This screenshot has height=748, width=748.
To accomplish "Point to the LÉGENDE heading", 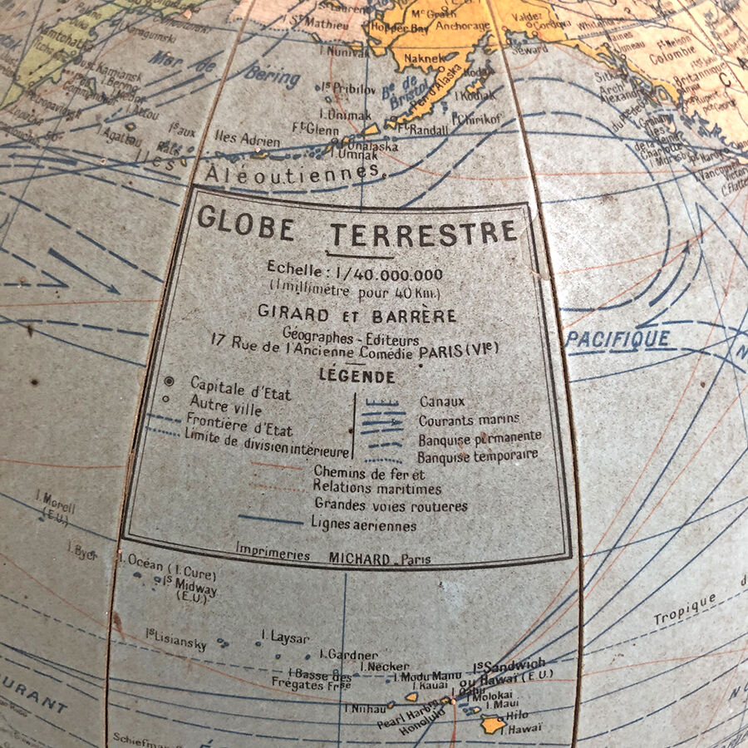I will [357, 376].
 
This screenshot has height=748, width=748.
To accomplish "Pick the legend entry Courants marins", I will [470, 420].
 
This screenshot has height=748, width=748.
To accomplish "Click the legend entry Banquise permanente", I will [480, 437].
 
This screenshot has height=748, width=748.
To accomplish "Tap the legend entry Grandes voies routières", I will [391, 505].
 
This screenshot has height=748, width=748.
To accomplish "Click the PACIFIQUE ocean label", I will [618, 338].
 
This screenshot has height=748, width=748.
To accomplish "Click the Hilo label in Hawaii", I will [517, 715].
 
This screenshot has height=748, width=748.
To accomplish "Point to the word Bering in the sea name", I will [272, 76].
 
